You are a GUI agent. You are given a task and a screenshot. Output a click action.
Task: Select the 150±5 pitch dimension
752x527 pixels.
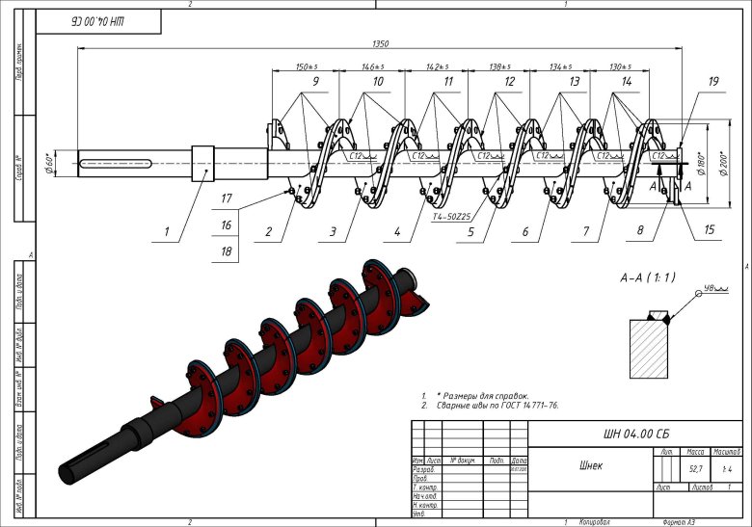tap(308, 67)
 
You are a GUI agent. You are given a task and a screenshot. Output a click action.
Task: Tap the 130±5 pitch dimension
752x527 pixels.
tap(623, 67)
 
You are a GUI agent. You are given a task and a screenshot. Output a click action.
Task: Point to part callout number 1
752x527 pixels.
tap(166, 231)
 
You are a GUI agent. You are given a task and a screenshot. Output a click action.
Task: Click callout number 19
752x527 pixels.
tap(712, 83)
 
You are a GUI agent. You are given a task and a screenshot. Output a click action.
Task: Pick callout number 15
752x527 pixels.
tap(710, 230)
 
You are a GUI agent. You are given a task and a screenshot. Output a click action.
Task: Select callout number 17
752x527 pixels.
tap(226, 199)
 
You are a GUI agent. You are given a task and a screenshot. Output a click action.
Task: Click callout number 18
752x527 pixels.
tap(226, 251)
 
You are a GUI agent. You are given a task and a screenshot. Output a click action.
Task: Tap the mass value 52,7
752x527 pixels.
tap(693, 469)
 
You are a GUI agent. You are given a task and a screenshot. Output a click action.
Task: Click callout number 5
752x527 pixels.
tap(470, 232)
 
